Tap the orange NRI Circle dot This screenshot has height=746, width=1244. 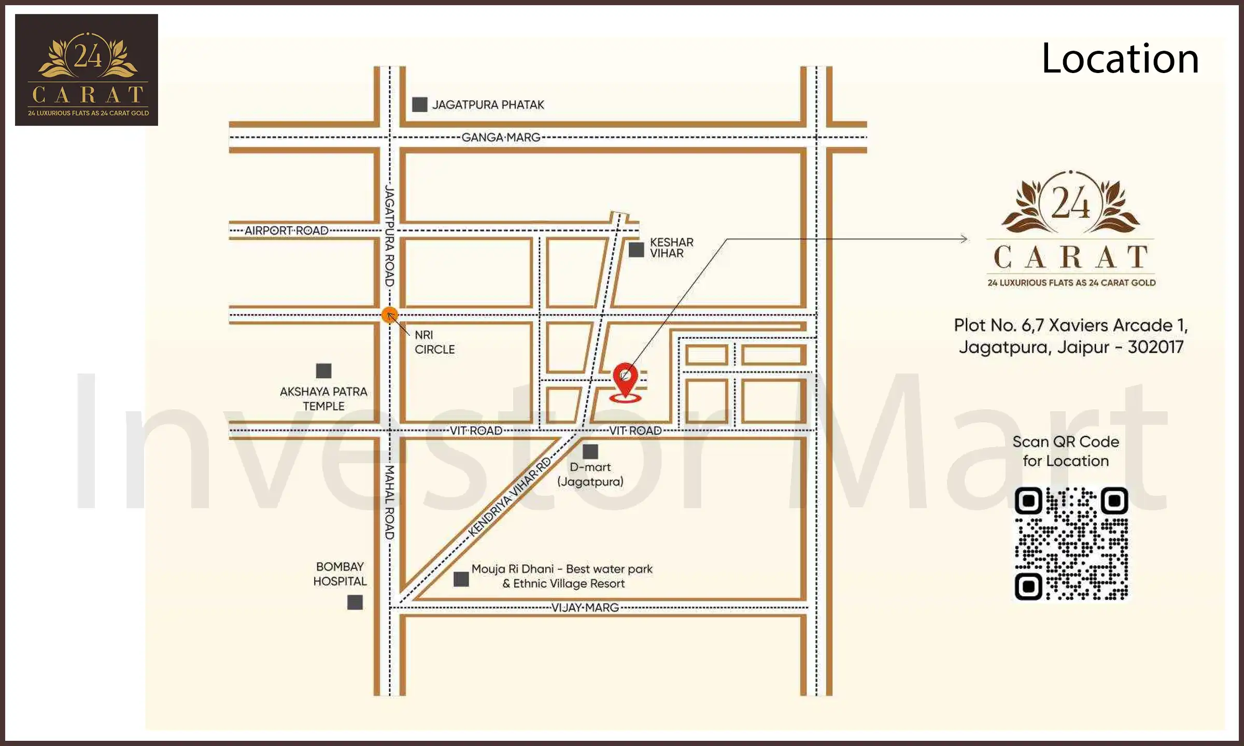[389, 314]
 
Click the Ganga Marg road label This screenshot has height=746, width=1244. [501, 137]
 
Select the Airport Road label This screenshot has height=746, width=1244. [286, 231]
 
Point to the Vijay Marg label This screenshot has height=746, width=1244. [585, 607]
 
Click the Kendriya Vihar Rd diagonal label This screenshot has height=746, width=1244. [509, 497]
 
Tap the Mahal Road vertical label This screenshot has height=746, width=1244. [389, 502]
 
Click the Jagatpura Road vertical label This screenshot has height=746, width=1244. [389, 237]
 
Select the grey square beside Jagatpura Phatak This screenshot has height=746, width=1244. [419, 105]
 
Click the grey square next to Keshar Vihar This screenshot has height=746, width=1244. [636, 249]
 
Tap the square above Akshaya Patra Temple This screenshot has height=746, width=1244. [323, 370]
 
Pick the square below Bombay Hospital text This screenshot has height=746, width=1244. [355, 602]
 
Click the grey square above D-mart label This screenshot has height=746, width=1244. [590, 451]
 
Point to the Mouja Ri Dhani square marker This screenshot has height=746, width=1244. [461, 579]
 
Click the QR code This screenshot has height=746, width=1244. [1071, 543]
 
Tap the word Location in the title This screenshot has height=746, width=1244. [1120, 59]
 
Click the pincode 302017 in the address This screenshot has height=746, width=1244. [1155, 347]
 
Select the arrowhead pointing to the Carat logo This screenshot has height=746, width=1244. [964, 239]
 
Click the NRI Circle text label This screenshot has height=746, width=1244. [434, 342]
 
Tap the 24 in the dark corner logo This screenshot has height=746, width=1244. [88, 56]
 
